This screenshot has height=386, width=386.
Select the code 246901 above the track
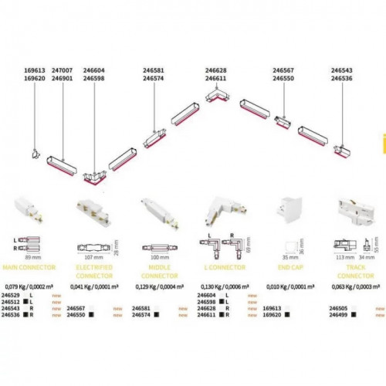tap(61, 77)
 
